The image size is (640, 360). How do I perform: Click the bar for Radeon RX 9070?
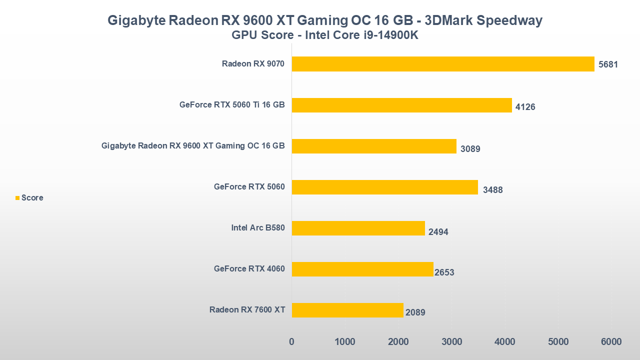[x=443, y=64]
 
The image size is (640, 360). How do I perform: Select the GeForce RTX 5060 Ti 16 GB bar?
[x=401, y=105]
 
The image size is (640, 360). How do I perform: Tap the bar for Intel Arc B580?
[x=358, y=228]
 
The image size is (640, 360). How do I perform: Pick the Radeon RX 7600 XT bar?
[x=347, y=310]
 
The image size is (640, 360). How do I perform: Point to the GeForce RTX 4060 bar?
[x=362, y=269]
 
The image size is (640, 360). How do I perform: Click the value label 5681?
[x=608, y=65]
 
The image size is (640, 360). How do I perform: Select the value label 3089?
[x=470, y=148]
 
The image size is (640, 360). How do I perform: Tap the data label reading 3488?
[x=492, y=190]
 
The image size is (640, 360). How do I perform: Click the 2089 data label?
[x=415, y=313]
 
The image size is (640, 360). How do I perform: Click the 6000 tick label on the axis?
[x=611, y=342]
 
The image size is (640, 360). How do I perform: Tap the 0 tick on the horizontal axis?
[x=292, y=342]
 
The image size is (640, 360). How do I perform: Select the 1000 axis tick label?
[x=345, y=342]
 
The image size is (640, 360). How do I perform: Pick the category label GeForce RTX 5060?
[x=249, y=187]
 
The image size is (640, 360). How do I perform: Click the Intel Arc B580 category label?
[x=257, y=228]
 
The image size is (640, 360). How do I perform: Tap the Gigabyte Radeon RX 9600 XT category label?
[x=193, y=146]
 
